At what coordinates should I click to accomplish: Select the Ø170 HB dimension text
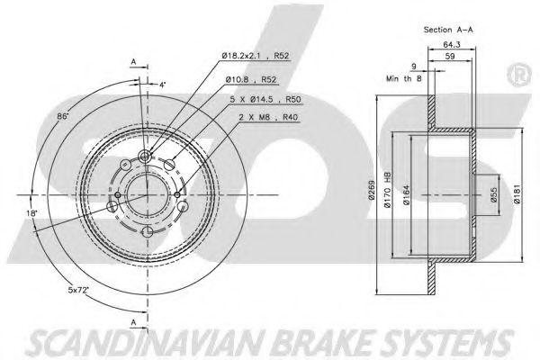tap(387, 191)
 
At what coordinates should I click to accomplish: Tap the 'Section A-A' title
tap(448, 30)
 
